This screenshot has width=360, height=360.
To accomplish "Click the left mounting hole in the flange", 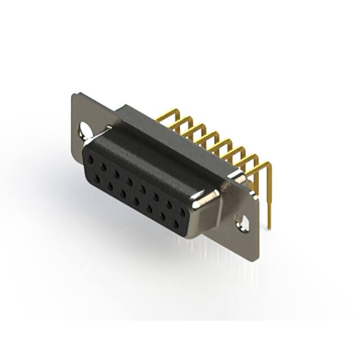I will tap(85, 130).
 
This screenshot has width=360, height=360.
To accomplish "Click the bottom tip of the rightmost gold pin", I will tap(269, 227).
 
